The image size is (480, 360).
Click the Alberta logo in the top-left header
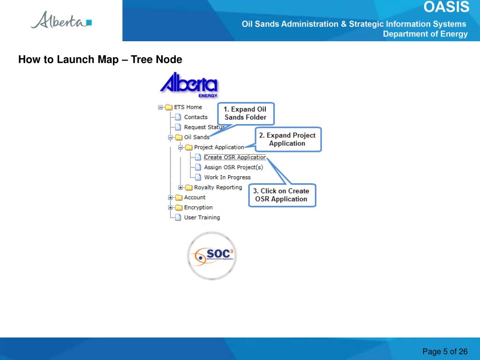61,21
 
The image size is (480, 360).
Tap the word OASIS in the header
446,7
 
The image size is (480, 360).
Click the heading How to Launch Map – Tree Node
100,60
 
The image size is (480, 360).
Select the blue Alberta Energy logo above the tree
189,84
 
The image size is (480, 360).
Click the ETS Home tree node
187,107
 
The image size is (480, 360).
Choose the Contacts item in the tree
195,117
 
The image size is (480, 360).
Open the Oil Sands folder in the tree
196,137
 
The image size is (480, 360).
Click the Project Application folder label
219,147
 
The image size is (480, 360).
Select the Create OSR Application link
235,157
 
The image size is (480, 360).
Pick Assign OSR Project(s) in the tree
233,167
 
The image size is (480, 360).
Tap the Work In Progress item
227,177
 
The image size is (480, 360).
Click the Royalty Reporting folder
218,187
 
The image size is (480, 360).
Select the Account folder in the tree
195,197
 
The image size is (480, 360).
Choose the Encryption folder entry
198,207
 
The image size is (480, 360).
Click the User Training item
202,217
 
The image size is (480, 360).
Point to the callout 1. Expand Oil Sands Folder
245,113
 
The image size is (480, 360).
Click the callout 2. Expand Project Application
287,139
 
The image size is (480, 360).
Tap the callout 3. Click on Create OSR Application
281,195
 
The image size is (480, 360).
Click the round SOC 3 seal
212,256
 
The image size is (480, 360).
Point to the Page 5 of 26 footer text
445,352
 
